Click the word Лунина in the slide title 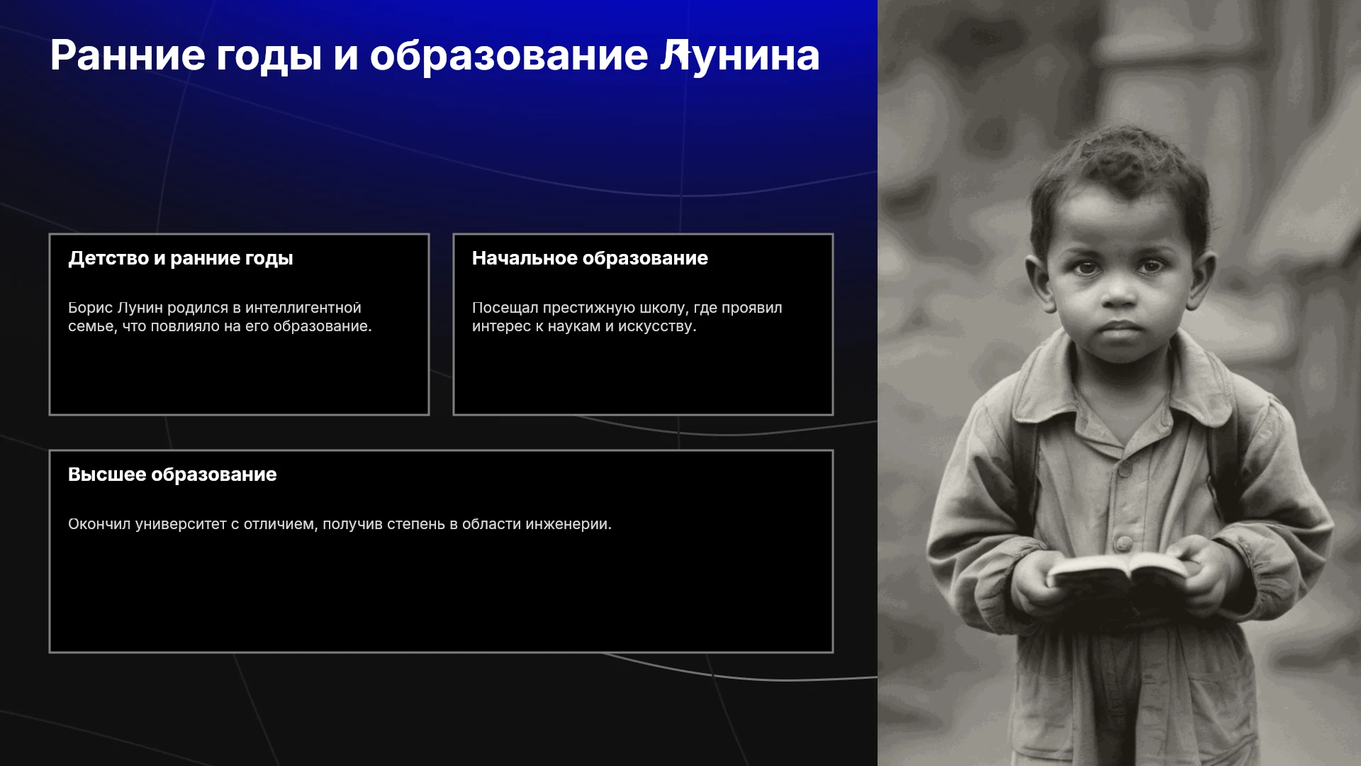(740, 55)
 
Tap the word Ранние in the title (128, 55)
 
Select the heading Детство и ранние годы (181, 259)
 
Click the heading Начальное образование (590, 258)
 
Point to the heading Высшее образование (172, 474)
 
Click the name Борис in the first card (90, 309)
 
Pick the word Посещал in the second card (505, 309)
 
